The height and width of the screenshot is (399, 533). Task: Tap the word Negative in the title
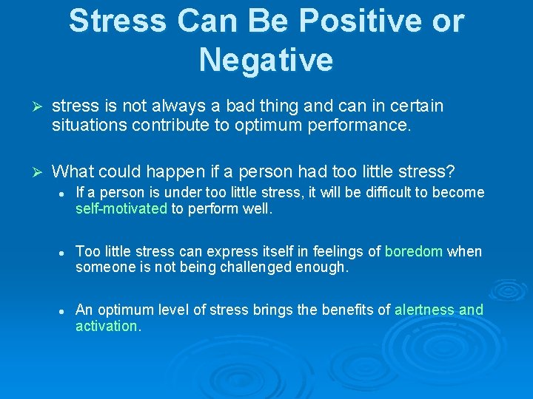point(266,59)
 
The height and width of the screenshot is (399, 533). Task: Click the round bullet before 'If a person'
point(65,194)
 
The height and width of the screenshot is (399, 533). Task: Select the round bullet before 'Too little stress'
point(65,253)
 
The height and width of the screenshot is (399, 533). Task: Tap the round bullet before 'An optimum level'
point(65,311)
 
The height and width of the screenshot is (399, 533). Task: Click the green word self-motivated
point(121,209)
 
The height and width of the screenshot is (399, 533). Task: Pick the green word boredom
point(414,251)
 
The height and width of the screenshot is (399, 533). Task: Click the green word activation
point(107,326)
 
